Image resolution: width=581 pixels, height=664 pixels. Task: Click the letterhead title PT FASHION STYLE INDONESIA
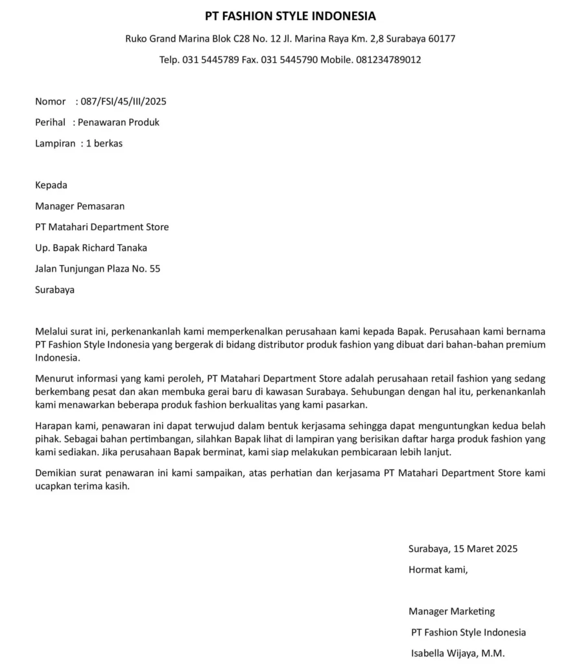tap(290, 16)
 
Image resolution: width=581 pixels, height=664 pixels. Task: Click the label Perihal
tap(50, 122)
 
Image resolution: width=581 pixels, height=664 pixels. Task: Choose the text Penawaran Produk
tap(119, 122)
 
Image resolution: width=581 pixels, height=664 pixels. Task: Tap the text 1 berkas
tap(104, 143)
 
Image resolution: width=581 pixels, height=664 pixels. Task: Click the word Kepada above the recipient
tap(51, 185)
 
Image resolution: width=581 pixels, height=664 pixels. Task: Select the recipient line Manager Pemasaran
tap(80, 206)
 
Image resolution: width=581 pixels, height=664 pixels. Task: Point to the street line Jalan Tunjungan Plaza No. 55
tap(97, 268)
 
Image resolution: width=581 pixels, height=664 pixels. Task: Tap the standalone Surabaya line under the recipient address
tap(54, 290)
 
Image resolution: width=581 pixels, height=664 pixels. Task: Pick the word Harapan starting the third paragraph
tap(53, 426)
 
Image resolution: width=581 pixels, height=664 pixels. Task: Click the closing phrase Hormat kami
tap(438, 570)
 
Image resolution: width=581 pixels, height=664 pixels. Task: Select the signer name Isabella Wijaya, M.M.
tap(458, 653)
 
